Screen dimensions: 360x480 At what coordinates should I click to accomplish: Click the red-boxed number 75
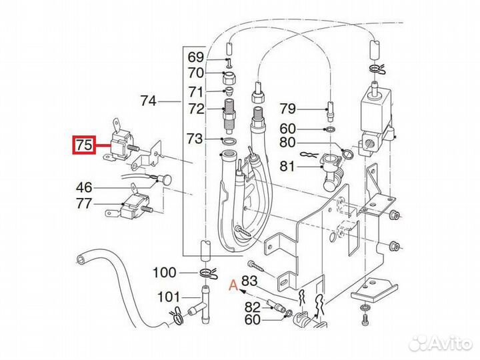(x=84, y=145)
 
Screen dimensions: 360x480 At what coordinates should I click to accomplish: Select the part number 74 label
(x=148, y=101)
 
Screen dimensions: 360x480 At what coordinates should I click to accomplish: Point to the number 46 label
(x=85, y=187)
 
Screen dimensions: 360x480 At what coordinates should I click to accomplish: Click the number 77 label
(x=85, y=203)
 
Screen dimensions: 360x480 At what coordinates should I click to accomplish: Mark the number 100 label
(x=164, y=272)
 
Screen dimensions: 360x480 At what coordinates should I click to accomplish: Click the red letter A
(x=233, y=285)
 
